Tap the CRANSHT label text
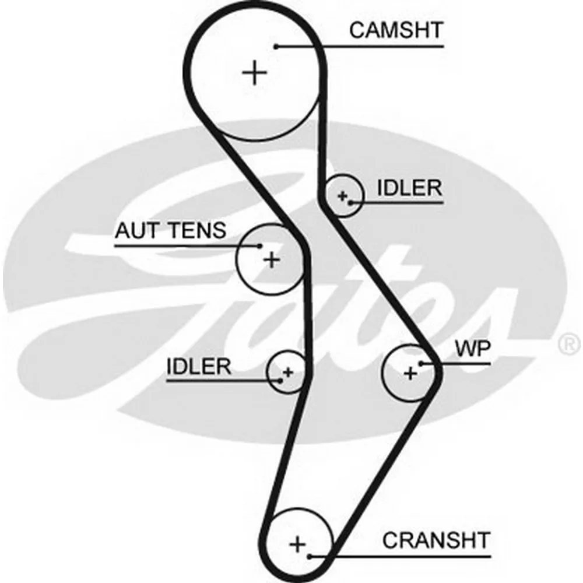coord(436,540)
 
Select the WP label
coord(473,349)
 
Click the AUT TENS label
coord(170,231)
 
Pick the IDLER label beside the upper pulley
coord(409,188)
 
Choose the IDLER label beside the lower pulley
coord(199,367)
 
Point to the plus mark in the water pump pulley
coord(410,372)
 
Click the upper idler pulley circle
coord(343,195)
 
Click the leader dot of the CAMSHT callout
coord(278,45)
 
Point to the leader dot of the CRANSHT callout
coord(311,556)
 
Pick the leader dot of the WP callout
coord(420,363)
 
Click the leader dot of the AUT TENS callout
coord(260,245)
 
